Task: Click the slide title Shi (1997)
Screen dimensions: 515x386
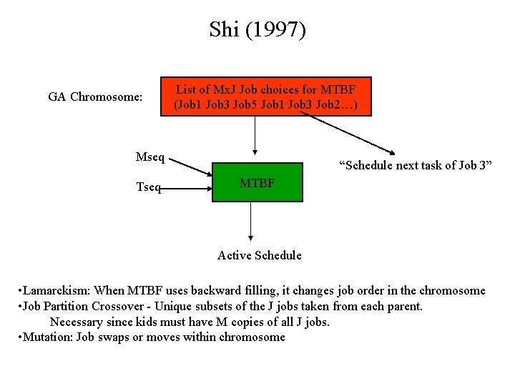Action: click(257, 30)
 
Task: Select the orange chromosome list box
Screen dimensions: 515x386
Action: click(266, 96)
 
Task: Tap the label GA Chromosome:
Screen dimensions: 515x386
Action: click(95, 96)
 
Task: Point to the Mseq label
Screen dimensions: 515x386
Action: click(150, 157)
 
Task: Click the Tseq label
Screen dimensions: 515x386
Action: click(149, 188)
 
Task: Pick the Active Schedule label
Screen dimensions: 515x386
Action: click(260, 255)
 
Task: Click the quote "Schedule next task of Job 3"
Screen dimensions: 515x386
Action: click(415, 167)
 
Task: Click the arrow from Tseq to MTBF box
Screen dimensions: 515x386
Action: click(187, 190)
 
